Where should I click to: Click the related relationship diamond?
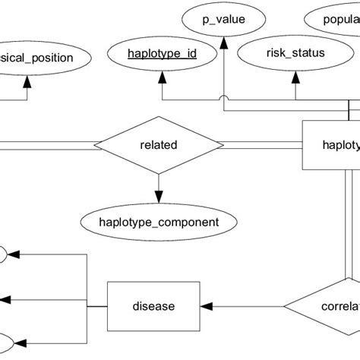click(158, 144)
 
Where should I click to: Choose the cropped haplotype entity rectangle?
click(331, 144)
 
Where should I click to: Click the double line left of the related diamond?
click(46, 144)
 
